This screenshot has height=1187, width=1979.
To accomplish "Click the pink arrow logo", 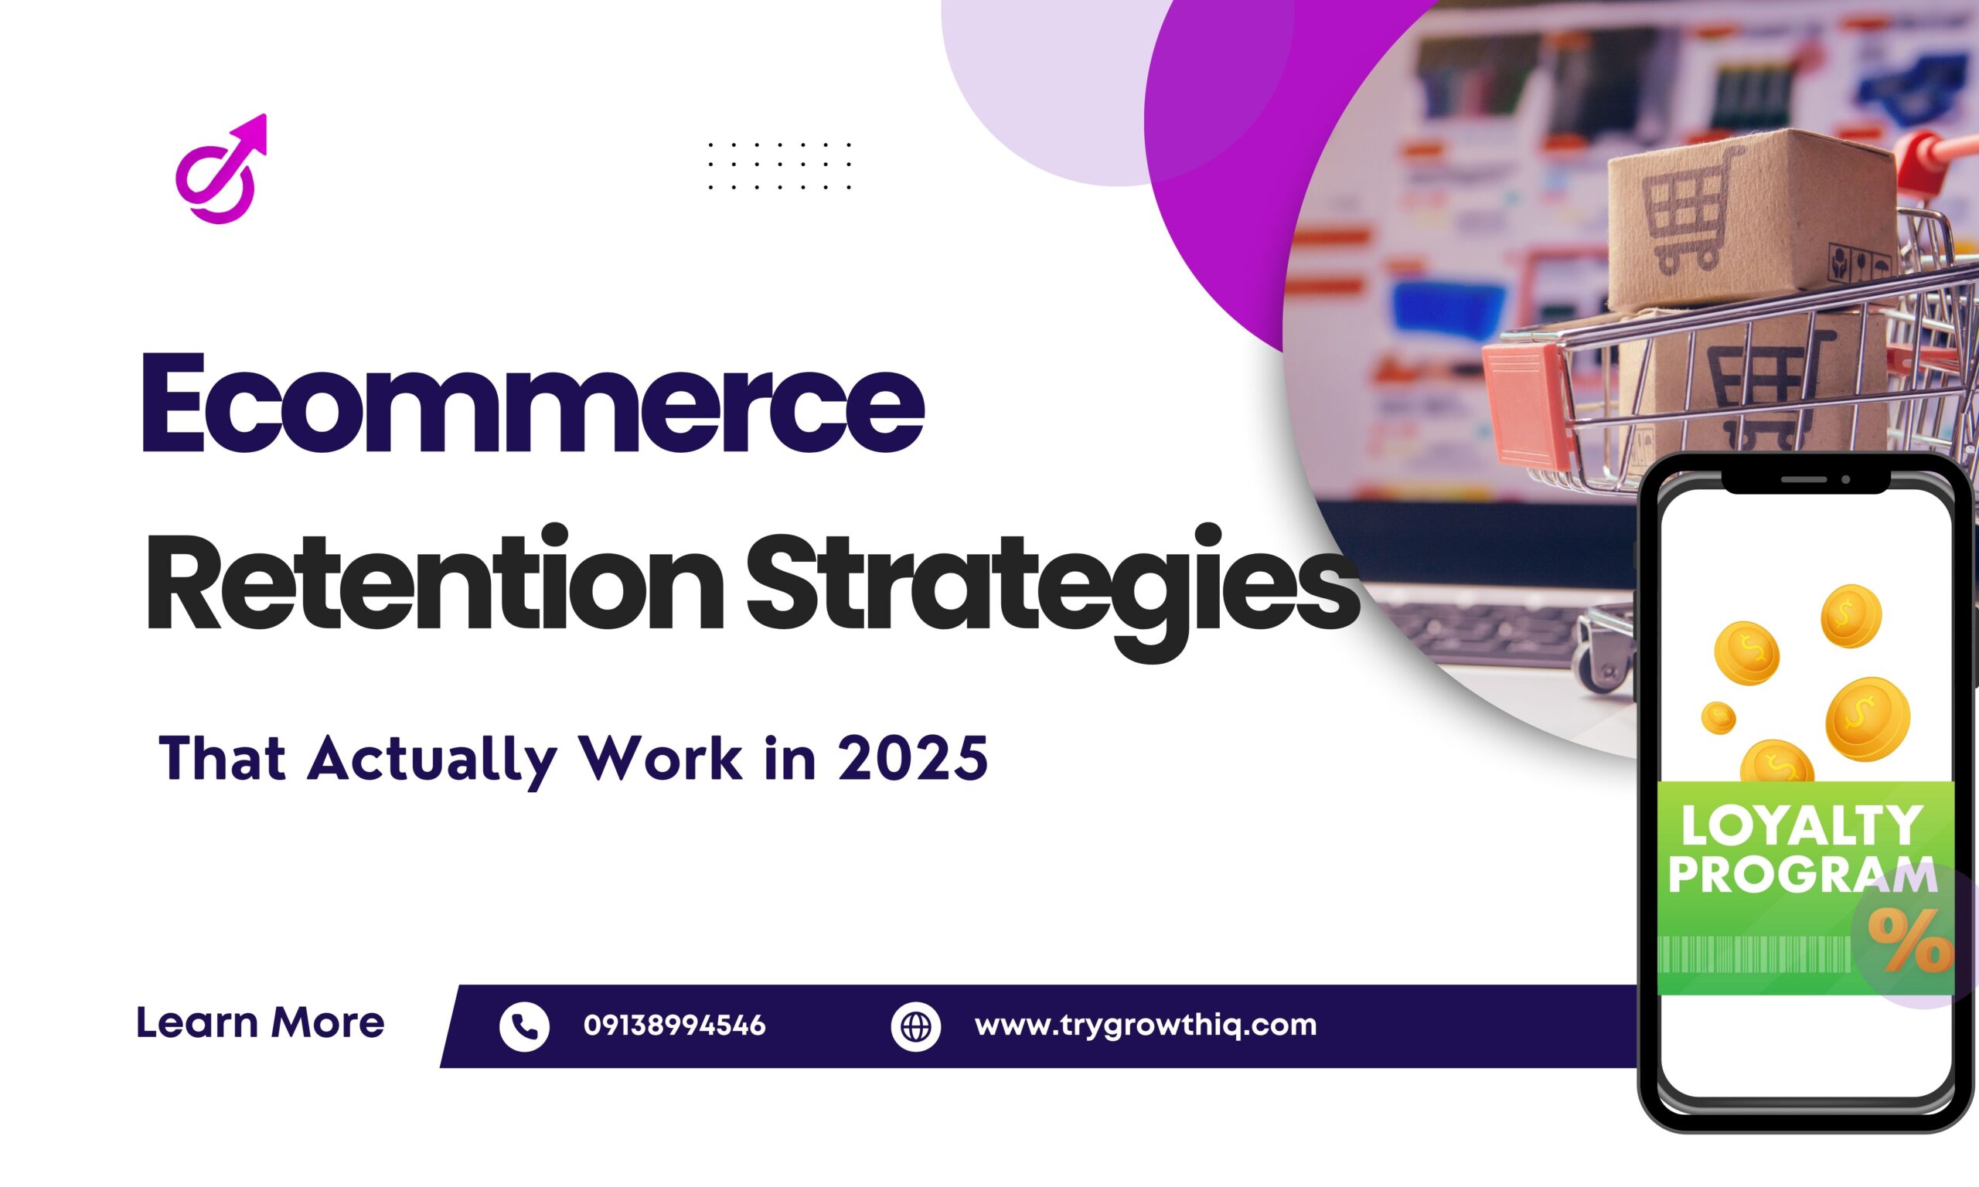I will pyautogui.click(x=222, y=169).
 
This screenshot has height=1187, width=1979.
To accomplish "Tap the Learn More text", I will pyautogui.click(x=260, y=1023).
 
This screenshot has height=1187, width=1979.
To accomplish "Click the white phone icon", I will pyautogui.click(x=524, y=1025).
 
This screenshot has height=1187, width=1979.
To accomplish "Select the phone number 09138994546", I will pyautogui.click(x=673, y=1025).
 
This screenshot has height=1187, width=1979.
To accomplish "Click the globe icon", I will pyautogui.click(x=915, y=1025).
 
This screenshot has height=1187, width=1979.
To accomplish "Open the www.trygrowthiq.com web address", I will pyautogui.click(x=1145, y=1025).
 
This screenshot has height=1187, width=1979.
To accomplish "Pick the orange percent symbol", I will pyautogui.click(x=1910, y=940).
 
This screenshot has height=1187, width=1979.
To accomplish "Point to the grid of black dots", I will pyautogui.click(x=779, y=166).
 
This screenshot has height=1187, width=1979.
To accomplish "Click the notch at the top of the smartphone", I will pyautogui.click(x=1804, y=480).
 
